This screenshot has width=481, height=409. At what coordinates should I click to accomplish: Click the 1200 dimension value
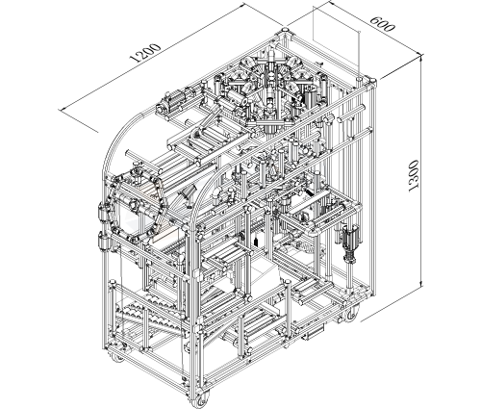[x=145, y=53]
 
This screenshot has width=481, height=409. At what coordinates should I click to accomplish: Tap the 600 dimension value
[x=382, y=23]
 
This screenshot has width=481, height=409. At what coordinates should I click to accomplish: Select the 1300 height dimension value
[x=414, y=176]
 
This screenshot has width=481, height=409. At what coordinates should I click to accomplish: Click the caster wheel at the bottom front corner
[x=201, y=400]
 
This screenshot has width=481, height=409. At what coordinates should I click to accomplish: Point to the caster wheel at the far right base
[x=351, y=314]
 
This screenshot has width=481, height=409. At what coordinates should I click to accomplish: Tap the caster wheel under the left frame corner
[x=117, y=357]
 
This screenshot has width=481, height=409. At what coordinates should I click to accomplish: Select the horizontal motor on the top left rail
[x=174, y=100]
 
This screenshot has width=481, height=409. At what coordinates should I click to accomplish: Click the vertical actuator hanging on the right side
[x=350, y=243]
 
